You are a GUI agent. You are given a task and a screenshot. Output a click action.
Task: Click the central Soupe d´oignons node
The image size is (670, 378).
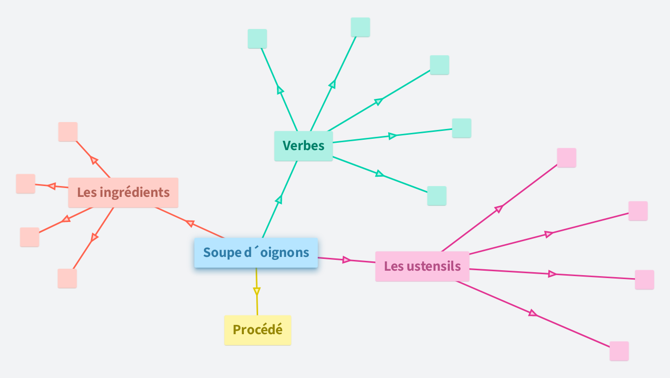[x=256, y=253]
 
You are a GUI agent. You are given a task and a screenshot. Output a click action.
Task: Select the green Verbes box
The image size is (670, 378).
[x=303, y=146]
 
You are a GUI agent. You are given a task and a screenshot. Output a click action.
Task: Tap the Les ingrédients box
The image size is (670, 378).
[x=123, y=192]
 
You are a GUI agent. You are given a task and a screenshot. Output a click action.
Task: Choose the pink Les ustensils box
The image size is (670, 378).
[x=422, y=266]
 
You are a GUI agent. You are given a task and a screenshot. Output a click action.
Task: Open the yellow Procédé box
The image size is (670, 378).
[x=258, y=330]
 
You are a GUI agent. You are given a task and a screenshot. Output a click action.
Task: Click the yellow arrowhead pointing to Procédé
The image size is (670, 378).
[x=257, y=291]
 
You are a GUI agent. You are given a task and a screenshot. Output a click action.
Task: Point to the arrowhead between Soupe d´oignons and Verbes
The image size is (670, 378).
[x=279, y=200]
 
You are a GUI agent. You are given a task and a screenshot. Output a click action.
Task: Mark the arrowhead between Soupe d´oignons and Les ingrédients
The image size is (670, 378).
[x=190, y=224]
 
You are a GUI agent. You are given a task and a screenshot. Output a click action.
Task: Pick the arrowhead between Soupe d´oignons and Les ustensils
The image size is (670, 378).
[x=347, y=259]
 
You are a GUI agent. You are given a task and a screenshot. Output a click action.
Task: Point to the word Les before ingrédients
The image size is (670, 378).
[x=87, y=192]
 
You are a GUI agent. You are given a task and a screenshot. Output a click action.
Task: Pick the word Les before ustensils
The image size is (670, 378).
[x=394, y=266]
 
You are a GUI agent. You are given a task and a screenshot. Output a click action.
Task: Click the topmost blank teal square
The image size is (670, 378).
[x=360, y=27]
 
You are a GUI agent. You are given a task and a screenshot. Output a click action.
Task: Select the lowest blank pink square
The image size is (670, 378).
[x=619, y=351]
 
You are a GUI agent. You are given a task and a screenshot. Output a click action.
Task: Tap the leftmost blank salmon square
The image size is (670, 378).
[x=26, y=184]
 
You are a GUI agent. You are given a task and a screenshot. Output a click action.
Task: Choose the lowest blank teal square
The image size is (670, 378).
[x=436, y=196]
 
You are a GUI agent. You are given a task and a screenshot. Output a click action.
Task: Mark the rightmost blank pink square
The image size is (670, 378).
[x=644, y=280]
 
